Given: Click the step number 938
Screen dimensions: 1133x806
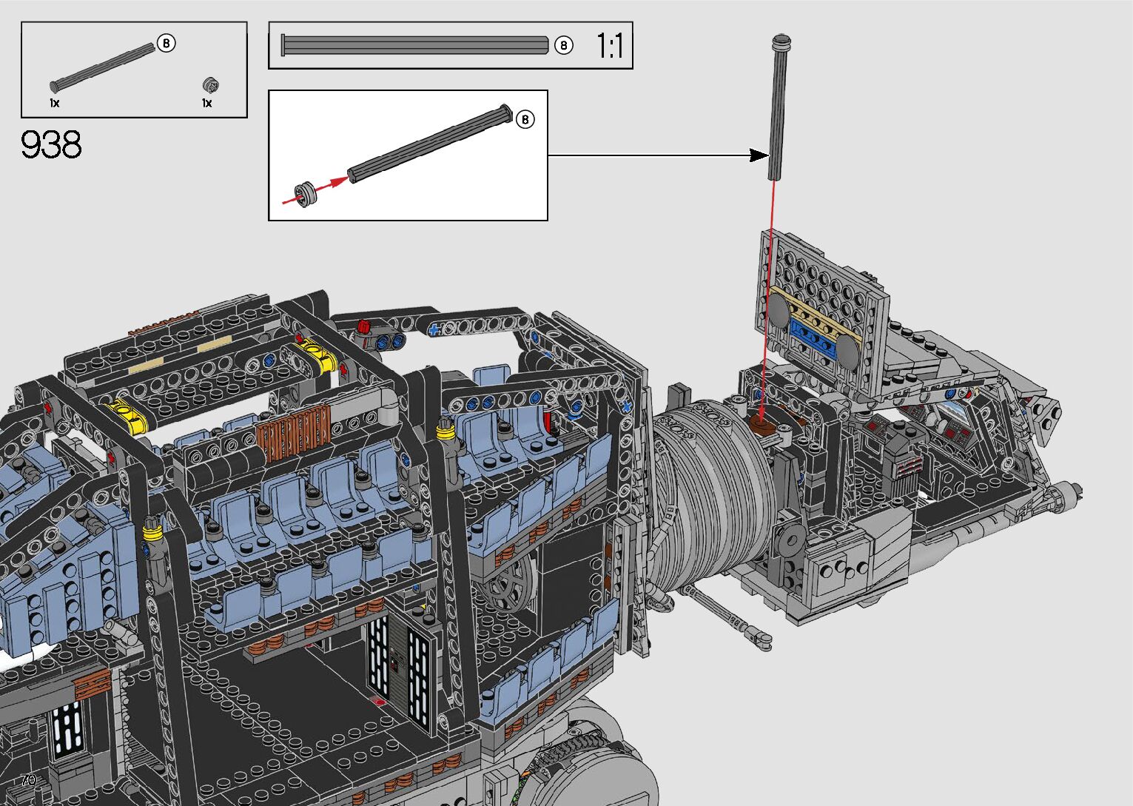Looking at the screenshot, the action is point(50,145).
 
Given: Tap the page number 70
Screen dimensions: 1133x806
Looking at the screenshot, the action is point(29,779).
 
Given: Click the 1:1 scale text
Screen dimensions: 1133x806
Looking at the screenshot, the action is point(610,46).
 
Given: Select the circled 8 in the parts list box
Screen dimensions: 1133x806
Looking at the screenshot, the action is point(166,43).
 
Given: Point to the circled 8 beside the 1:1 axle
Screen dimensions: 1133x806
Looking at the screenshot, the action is point(563,46).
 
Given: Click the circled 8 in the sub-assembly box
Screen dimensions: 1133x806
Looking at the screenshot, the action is point(525,119).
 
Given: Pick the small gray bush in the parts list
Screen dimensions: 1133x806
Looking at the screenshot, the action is point(210,84).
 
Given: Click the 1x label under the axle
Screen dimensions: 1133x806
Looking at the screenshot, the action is point(55,103).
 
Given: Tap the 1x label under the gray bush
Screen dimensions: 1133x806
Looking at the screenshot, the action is point(207,103).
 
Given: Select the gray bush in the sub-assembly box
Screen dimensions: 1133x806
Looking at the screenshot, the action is point(304,195).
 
